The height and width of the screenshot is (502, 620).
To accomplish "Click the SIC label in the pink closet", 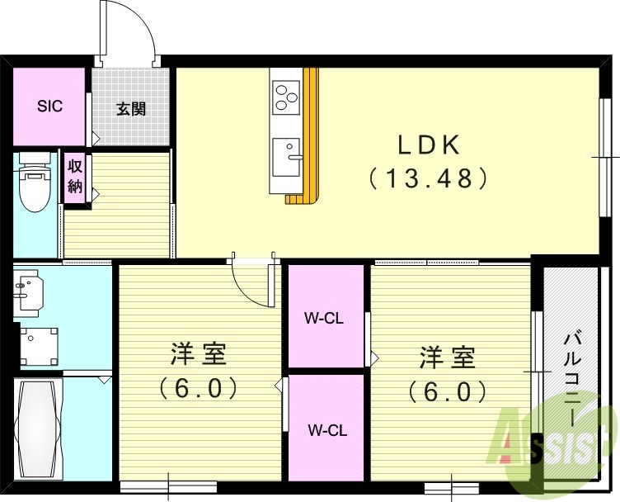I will coord(49,107).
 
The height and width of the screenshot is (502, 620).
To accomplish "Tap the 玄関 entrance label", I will coord(130,108).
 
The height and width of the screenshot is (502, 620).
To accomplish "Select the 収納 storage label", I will coord(75,175).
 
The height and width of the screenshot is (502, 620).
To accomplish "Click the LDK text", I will coord(428,144).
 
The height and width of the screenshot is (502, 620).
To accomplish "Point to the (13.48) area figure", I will coord(428,177).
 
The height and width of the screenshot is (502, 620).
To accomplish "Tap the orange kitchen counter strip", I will coord(310,132).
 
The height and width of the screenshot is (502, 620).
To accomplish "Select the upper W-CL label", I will coord(324,318).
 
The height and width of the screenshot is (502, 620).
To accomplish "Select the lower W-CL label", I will coord(327,429).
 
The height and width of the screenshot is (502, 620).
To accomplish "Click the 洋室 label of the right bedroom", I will coord(448,358).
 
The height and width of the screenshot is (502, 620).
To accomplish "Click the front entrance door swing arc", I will coord(132,33).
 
